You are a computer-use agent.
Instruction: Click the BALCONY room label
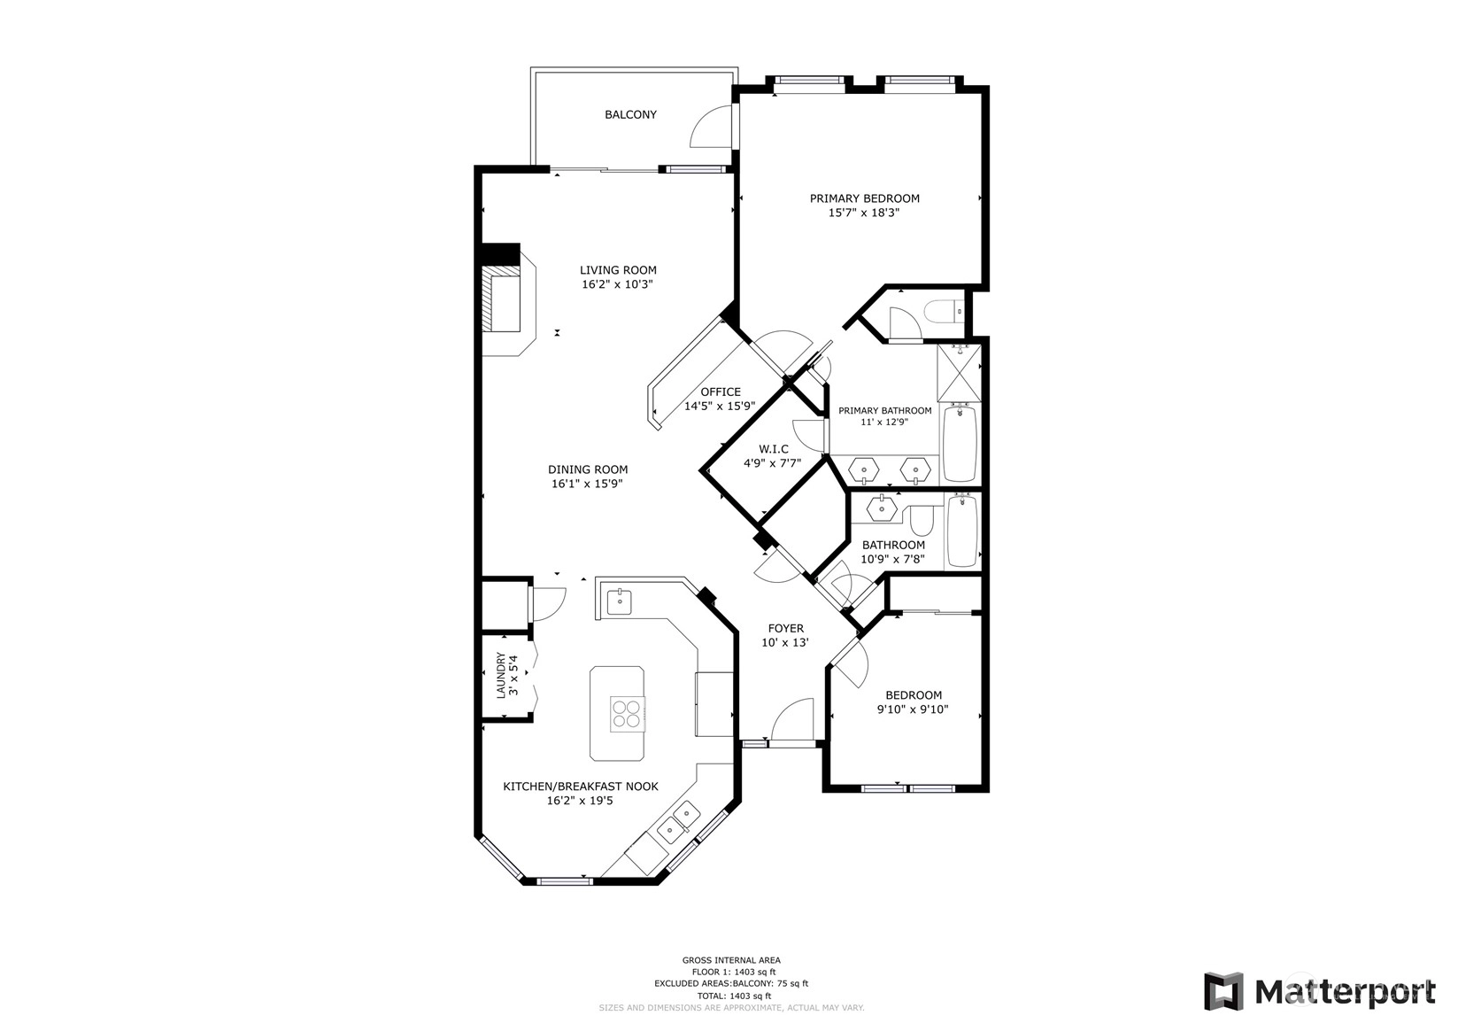click(630, 114)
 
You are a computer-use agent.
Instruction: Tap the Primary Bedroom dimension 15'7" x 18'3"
click(864, 213)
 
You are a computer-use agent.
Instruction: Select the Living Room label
click(618, 269)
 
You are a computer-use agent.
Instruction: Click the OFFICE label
click(721, 392)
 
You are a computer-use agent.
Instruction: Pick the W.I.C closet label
click(773, 449)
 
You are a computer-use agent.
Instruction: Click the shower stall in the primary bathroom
click(959, 373)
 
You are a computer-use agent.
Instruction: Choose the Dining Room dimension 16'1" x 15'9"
click(587, 484)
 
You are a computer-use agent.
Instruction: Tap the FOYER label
click(785, 629)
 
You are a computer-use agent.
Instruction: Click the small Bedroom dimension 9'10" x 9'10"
click(913, 709)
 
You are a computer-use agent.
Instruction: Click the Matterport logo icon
click(1223, 992)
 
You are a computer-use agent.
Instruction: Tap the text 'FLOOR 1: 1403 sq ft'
click(731, 972)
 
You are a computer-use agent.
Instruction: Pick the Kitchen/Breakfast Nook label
click(581, 787)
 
